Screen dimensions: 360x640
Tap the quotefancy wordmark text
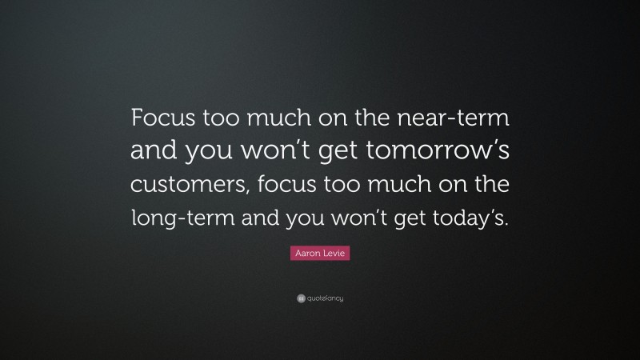click(324, 298)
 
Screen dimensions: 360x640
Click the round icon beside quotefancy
click(300, 298)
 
